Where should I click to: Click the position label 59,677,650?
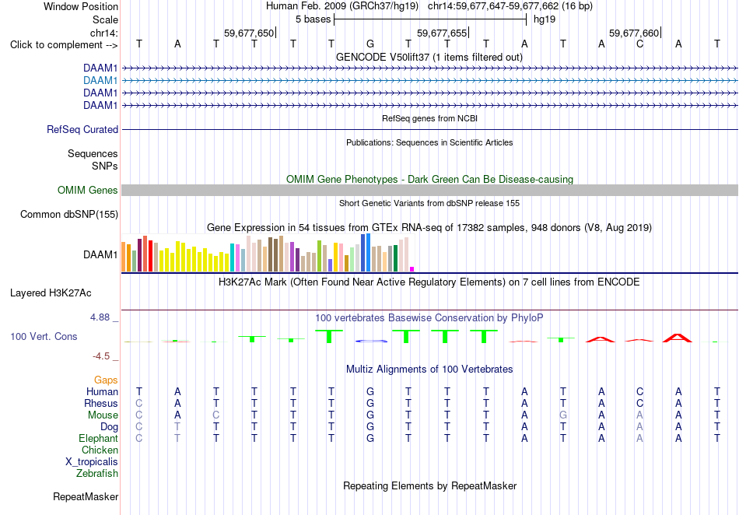pyautogui.click(x=249, y=33)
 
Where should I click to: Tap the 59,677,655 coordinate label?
pyautogui.click(x=442, y=33)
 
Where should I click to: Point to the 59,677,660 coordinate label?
pyautogui.click(x=634, y=33)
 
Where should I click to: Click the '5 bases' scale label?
pyautogui.click(x=313, y=19)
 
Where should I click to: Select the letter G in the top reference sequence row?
pyautogui.click(x=370, y=44)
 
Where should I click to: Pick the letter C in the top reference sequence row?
pyautogui.click(x=639, y=44)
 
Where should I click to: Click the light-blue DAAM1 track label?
pyautogui.click(x=100, y=81)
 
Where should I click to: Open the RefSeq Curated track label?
pyautogui.click(x=82, y=130)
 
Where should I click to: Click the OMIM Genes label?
pyautogui.click(x=88, y=190)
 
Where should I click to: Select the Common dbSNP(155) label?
pyautogui.click(x=69, y=215)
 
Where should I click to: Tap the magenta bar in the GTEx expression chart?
pyautogui.click(x=412, y=269)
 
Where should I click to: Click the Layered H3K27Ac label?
pyautogui.click(x=51, y=293)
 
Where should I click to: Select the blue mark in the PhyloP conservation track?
pyautogui.click(x=371, y=341)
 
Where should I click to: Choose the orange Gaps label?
pyautogui.click(x=106, y=380)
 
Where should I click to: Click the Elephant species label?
pyautogui.click(x=98, y=438)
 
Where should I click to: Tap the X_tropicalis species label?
pyautogui.click(x=92, y=462)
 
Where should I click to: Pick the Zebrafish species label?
pyautogui.click(x=97, y=474)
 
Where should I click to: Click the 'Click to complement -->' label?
pyautogui.click(x=64, y=45)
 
